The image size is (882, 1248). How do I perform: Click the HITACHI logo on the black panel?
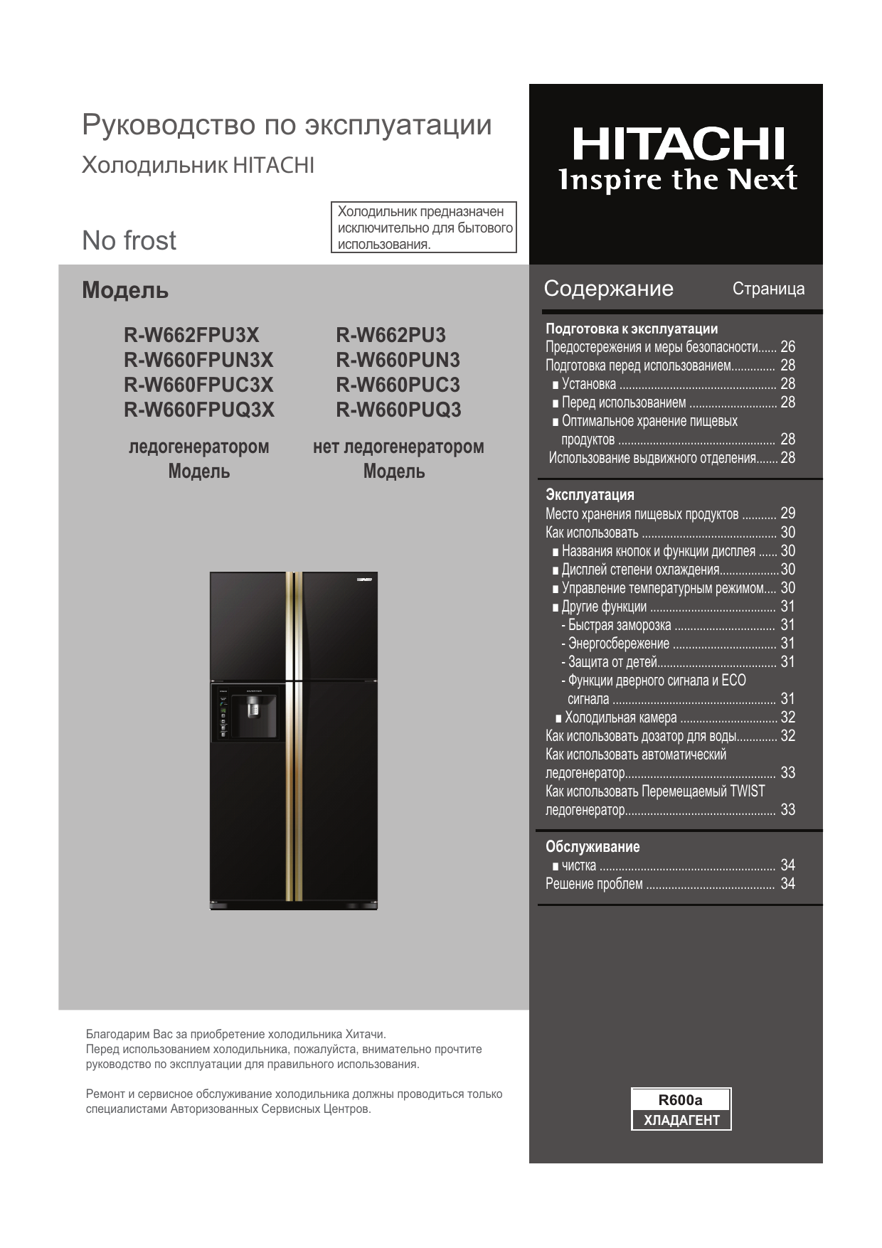tap(678, 144)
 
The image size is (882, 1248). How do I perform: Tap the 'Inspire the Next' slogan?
tap(678, 180)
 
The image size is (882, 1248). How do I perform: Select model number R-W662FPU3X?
tap(191, 335)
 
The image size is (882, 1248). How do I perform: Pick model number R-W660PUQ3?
tap(398, 410)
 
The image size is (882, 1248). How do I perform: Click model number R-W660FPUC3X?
tap(198, 385)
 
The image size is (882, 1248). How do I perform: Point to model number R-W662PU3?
tap(390, 335)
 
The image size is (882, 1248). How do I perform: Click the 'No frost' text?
tap(129, 240)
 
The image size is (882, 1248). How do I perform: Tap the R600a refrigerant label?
tap(680, 1100)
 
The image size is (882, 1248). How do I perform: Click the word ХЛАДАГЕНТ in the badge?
tap(681, 1120)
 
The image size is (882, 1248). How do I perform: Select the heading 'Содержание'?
tap(608, 288)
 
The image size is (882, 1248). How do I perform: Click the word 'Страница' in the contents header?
tap(768, 288)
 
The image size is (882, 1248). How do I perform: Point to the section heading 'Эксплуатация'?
tap(590, 494)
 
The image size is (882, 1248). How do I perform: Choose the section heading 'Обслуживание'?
tap(593, 846)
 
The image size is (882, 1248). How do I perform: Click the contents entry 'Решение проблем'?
tap(594, 884)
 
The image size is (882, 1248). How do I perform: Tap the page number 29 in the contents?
tap(787, 513)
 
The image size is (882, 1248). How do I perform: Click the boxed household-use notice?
tap(424, 228)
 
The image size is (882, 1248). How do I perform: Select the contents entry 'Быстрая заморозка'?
tap(619, 625)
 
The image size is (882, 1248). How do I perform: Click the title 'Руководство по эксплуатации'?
tap(287, 124)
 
